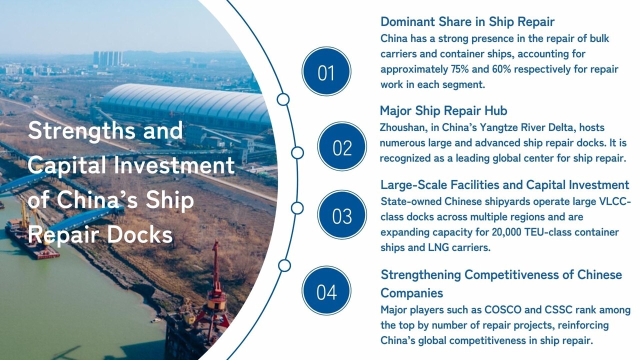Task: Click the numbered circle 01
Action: (x=326, y=71)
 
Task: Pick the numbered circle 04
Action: (x=326, y=291)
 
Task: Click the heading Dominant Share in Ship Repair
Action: (x=467, y=21)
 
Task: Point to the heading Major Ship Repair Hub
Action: (x=443, y=110)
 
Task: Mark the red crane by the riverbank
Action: (x=216, y=290)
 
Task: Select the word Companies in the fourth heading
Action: (x=411, y=292)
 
